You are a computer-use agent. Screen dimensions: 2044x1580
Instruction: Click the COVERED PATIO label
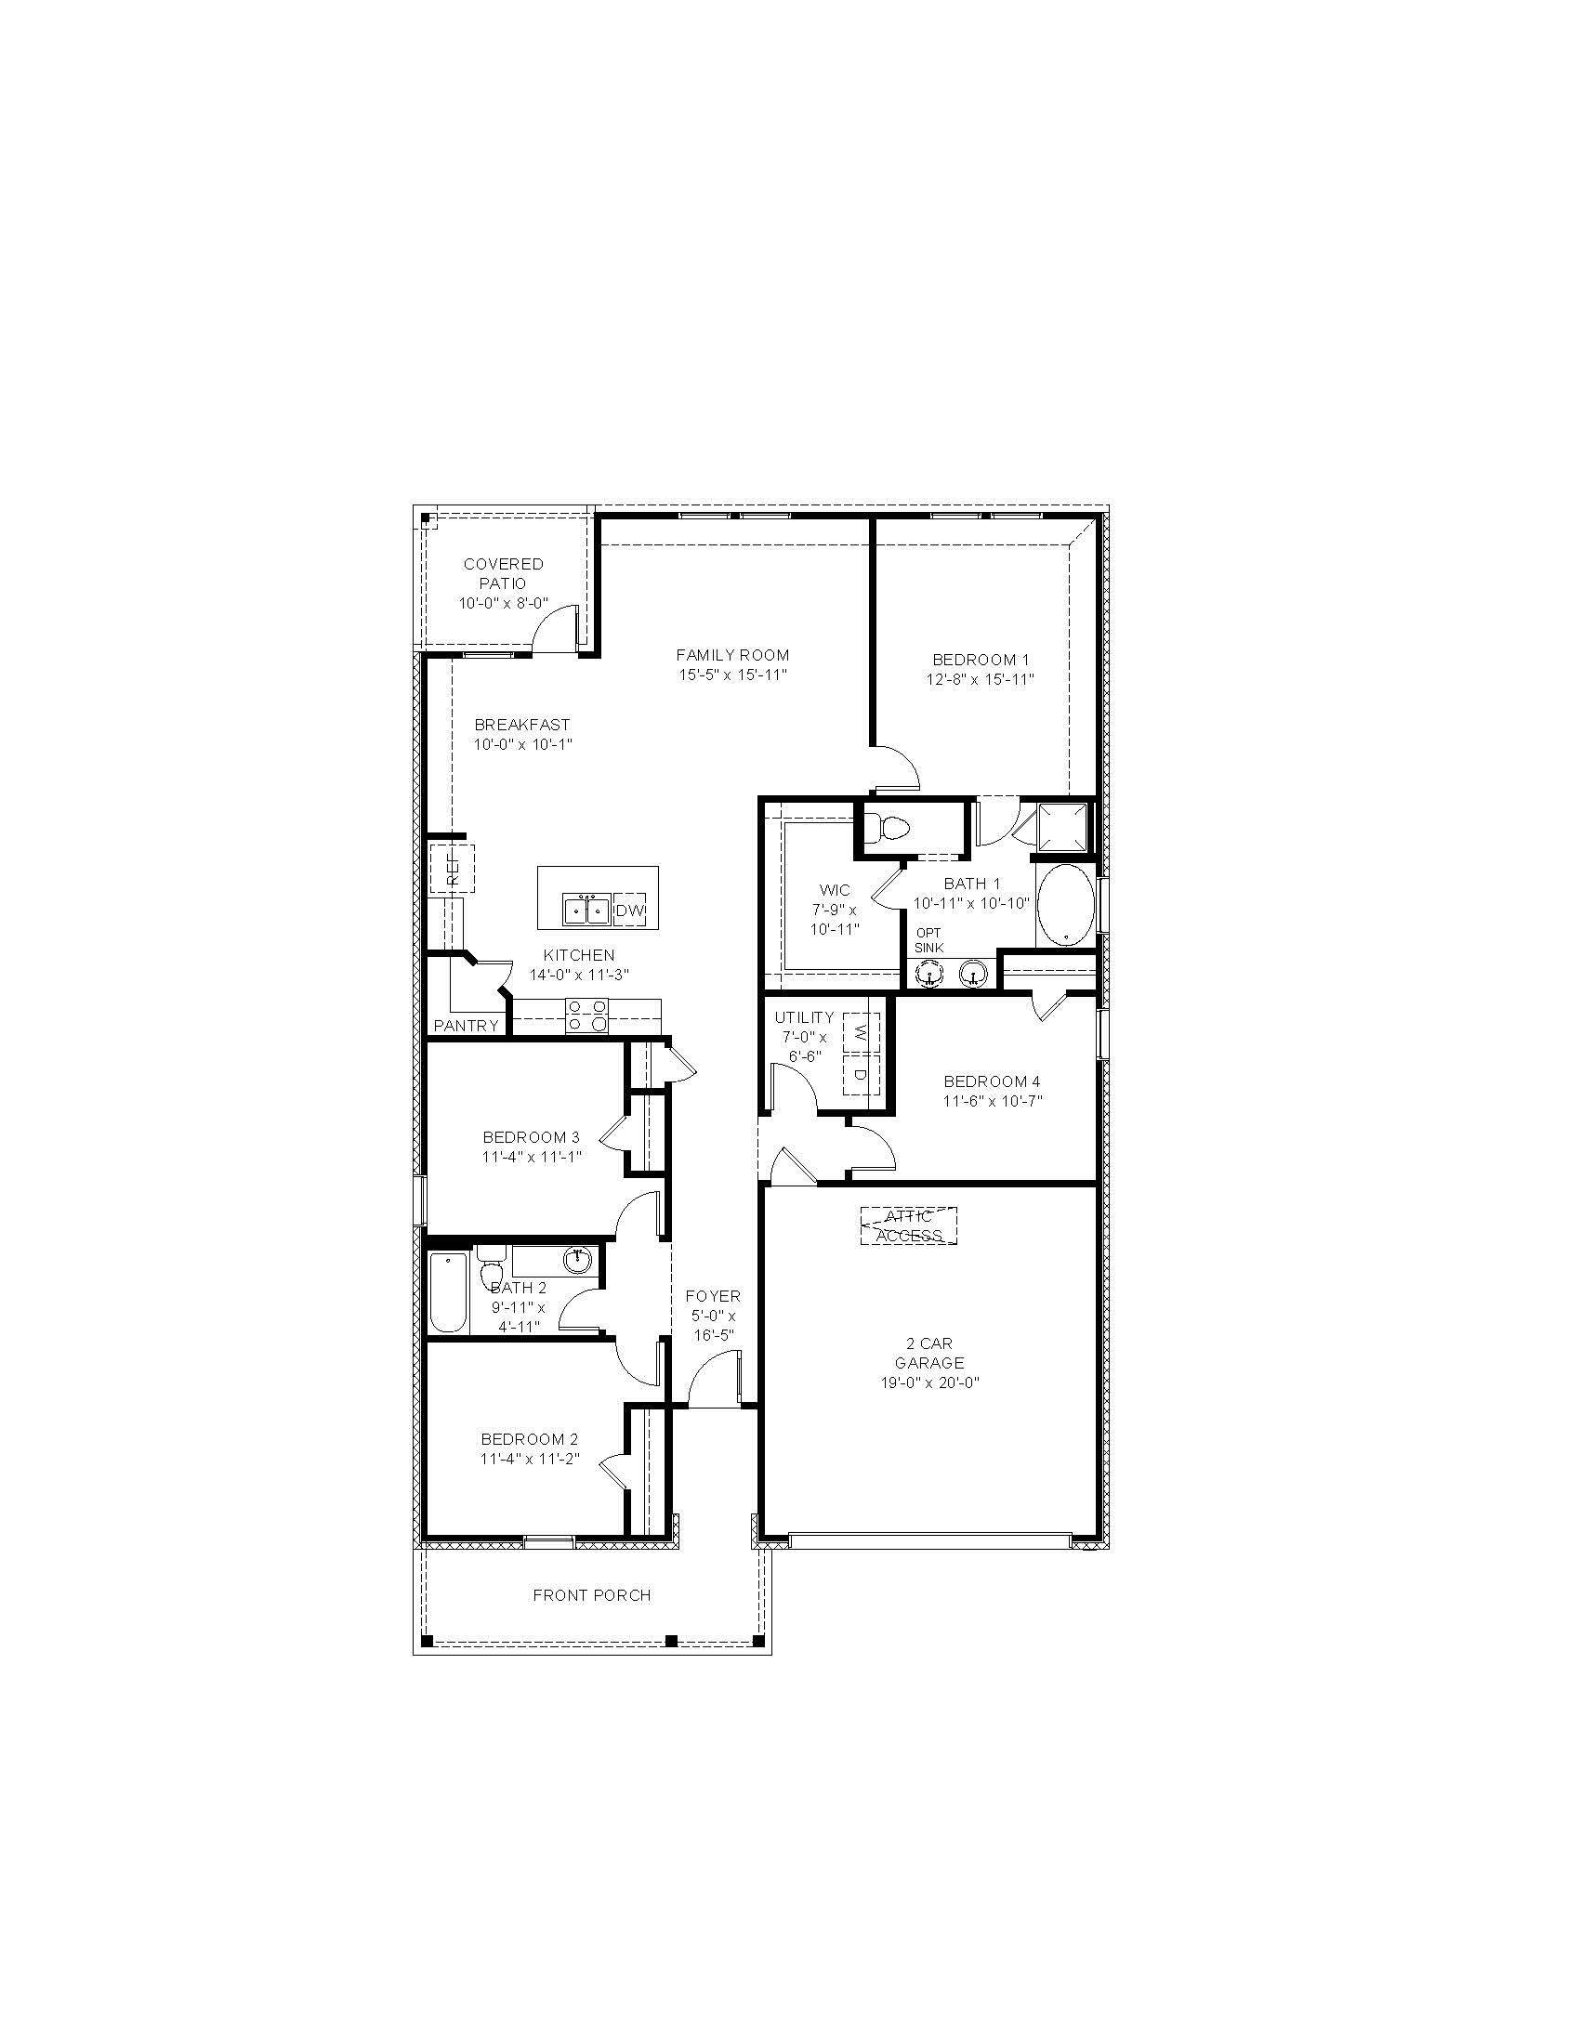503,572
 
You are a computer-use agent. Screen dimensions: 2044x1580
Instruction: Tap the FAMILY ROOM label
732,655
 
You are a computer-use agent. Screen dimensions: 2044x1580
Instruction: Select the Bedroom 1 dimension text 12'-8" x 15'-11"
980,679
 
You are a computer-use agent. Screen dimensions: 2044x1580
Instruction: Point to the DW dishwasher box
630,910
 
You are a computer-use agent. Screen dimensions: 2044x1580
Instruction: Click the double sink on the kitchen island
586,910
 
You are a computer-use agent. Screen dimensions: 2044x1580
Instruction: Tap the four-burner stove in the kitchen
586,1015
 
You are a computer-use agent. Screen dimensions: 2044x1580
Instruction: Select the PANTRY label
467,1026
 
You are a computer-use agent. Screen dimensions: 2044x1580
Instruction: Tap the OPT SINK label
928,940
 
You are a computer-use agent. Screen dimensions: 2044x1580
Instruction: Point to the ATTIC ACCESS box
908,1226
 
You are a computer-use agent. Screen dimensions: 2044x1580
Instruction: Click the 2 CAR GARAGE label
928,1354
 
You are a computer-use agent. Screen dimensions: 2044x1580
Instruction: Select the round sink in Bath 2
577,1260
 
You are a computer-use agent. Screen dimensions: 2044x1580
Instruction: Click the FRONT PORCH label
591,1594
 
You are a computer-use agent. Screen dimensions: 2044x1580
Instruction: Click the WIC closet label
834,890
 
